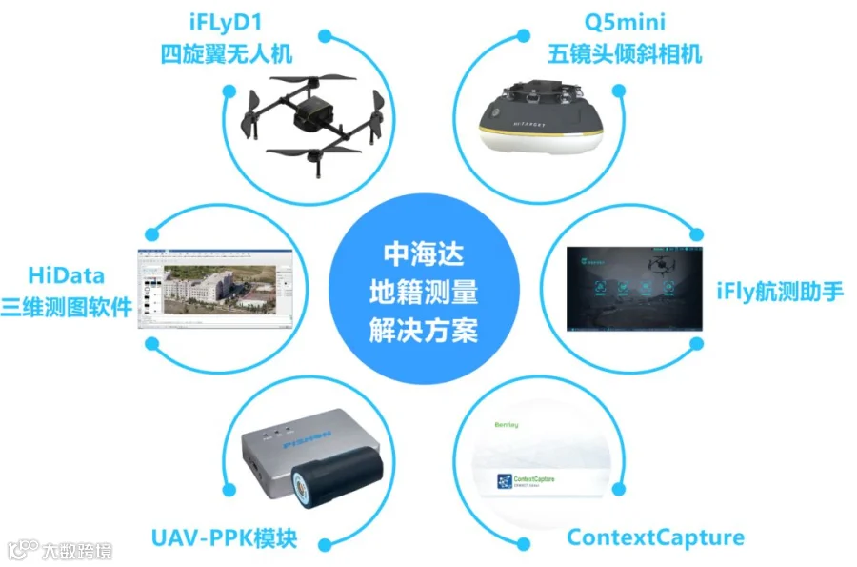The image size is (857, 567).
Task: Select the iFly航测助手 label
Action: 779,291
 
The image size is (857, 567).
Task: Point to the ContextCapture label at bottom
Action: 655,537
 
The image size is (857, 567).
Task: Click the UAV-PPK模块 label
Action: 225,537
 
